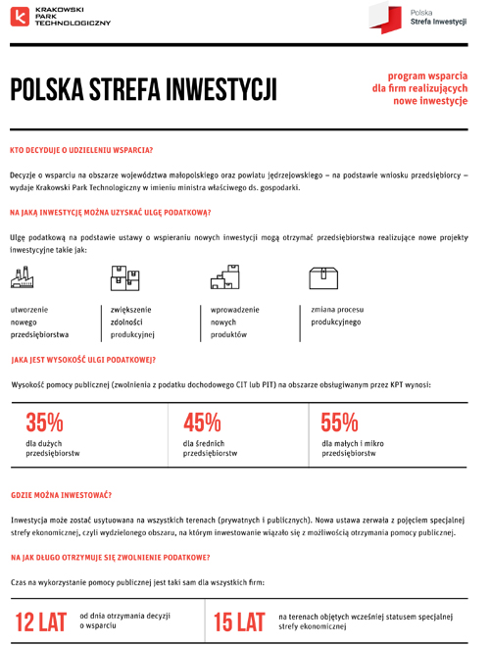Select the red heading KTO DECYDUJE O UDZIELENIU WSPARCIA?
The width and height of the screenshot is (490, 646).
[x=81, y=150]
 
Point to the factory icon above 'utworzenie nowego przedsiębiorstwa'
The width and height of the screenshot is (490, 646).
[x=23, y=280]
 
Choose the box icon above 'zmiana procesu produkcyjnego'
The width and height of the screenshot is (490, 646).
[x=323, y=277]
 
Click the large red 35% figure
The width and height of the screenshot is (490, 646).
[x=44, y=422]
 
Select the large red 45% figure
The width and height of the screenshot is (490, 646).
[x=202, y=422]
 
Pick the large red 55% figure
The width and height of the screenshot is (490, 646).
[x=340, y=422]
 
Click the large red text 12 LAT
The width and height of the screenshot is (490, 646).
[x=39, y=621]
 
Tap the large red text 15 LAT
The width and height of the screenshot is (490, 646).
[x=239, y=621]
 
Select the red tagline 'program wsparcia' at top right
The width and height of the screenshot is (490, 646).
[x=428, y=75]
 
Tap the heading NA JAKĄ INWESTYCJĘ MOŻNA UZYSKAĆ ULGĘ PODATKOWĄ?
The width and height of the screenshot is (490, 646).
[x=110, y=212]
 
